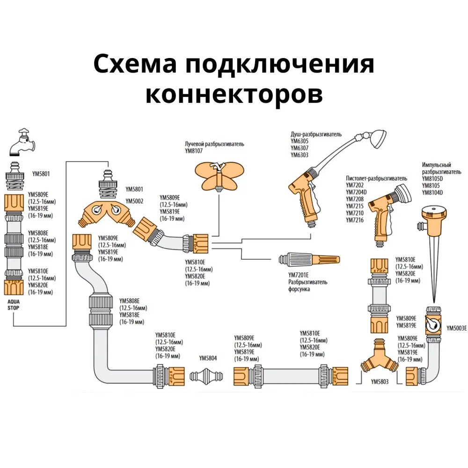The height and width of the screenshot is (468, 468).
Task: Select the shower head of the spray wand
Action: (377, 138)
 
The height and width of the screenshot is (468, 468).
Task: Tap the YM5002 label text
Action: (135, 201)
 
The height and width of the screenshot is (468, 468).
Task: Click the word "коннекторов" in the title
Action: (234, 94)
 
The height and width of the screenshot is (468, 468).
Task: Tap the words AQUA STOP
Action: (14, 305)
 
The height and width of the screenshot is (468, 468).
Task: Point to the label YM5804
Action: (208, 358)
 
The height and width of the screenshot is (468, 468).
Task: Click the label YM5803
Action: (380, 381)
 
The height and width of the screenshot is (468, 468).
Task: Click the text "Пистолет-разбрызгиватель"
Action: (377, 178)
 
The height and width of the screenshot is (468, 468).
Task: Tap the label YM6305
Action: (300, 140)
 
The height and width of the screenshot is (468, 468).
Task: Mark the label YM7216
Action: (354, 220)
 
